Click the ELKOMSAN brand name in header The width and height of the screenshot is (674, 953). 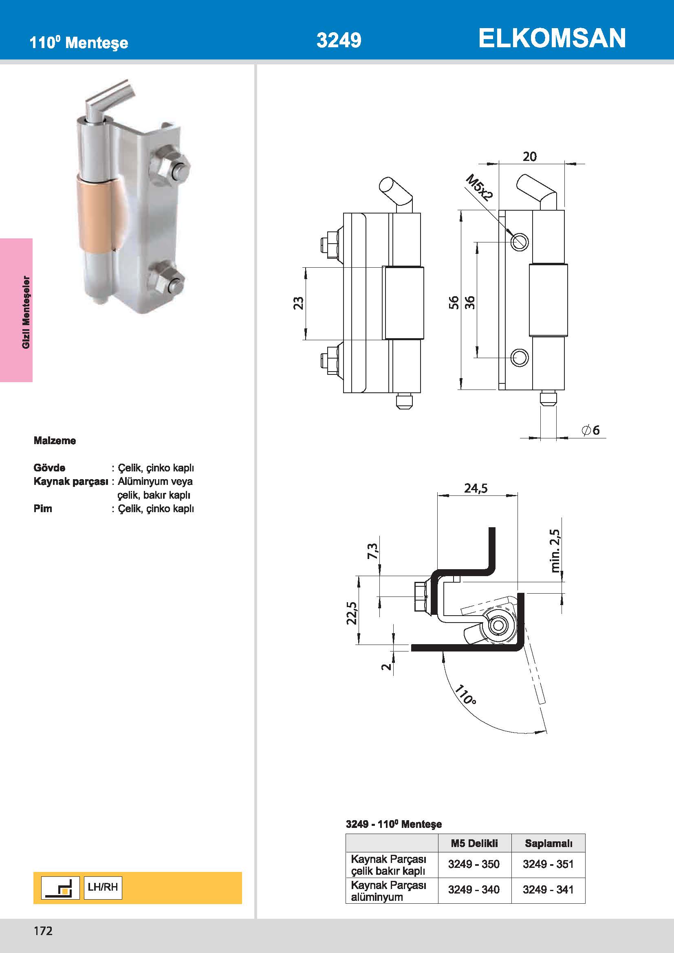(x=552, y=38)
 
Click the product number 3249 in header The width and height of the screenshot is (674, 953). (x=339, y=40)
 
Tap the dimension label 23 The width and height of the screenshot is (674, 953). (x=298, y=303)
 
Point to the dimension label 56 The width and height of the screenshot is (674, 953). (x=454, y=302)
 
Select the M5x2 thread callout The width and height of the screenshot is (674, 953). (x=479, y=187)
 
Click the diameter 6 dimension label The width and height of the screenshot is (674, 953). (x=590, y=430)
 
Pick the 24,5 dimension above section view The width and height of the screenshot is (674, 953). (x=476, y=488)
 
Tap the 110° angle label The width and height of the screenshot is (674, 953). (x=465, y=695)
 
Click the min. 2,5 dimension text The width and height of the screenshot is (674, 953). (x=555, y=550)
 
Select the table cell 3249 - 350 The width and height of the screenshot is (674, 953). (x=474, y=864)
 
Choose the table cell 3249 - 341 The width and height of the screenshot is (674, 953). (x=548, y=889)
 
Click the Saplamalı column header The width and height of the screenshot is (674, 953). (x=548, y=843)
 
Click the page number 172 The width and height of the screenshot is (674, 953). (x=43, y=931)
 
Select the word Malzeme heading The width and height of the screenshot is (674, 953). (x=55, y=441)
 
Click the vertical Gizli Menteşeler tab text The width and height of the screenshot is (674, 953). (x=26, y=312)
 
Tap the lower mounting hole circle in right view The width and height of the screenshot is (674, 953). (x=519, y=357)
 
